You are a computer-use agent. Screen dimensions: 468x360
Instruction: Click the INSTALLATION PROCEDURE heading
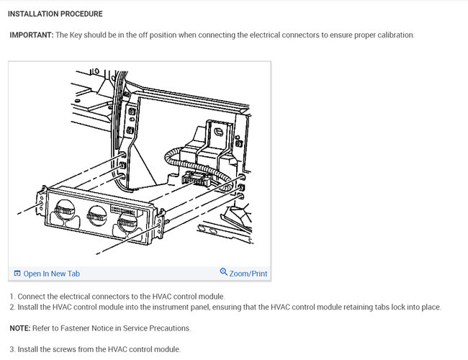[x=55, y=14]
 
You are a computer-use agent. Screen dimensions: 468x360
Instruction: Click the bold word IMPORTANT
[x=32, y=35]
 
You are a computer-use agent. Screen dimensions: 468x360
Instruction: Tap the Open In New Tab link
[x=52, y=274]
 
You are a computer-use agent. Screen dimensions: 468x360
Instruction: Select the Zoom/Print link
[x=248, y=274]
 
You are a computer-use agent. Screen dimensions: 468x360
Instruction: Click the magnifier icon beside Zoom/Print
[x=223, y=272]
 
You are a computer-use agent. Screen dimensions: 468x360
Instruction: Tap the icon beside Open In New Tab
[x=17, y=274]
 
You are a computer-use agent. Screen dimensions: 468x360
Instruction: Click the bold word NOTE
[x=20, y=328]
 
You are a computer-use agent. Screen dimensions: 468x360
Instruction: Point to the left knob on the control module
[x=65, y=210]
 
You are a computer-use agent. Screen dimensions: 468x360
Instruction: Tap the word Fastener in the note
[x=75, y=328]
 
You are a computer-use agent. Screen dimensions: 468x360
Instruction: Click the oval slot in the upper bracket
[x=219, y=132]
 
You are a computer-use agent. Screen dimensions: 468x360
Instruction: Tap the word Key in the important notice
[x=76, y=35]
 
